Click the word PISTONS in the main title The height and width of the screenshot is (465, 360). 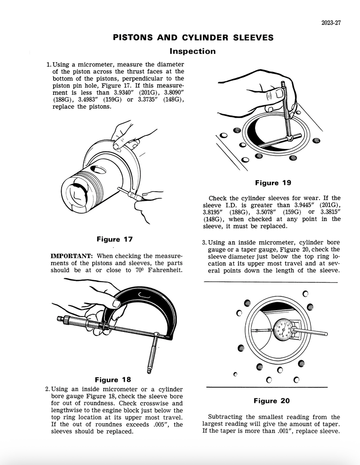tap(131, 37)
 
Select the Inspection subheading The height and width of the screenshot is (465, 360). tap(192, 51)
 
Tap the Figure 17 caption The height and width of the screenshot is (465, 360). tap(115, 239)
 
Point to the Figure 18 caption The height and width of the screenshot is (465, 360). tap(113, 380)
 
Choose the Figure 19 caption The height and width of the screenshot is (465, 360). tap(273, 183)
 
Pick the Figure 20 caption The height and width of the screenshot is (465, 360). tap(271, 401)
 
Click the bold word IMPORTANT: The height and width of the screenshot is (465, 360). tap(69, 256)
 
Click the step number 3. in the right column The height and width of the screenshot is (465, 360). tap(204, 243)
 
